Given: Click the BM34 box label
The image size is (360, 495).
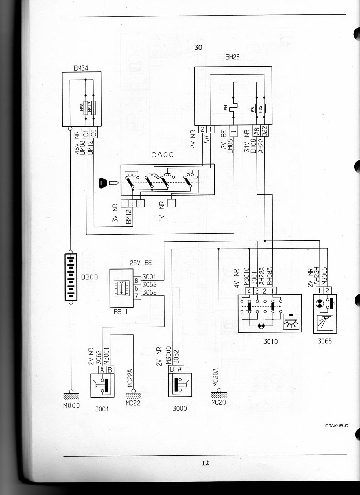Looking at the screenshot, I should pos(81,68).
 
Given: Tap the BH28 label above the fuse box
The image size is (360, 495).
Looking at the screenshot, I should pos(232,57).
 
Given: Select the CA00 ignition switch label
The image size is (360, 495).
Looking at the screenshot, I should pos(162,155).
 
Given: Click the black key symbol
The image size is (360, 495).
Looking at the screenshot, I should pos(105,183).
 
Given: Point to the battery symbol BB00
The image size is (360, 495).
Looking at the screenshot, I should pos(71,277).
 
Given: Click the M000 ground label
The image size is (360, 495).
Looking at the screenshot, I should pos(72,405).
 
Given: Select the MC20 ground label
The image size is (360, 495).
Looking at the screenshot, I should pos(219,402).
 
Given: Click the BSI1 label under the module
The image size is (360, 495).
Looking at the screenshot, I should pos(121,312).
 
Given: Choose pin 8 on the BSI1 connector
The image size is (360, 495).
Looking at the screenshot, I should pos(136,281).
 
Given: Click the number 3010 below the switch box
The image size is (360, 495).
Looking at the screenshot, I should pos(270,341).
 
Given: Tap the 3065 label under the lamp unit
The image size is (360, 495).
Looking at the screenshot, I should pos(325,341).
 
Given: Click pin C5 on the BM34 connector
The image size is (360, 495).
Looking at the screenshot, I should pos(94,132).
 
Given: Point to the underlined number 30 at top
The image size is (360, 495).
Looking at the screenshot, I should pos(198,47).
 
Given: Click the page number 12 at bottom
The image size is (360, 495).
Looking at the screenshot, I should pos(205,463).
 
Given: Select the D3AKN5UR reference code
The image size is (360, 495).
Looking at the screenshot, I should pos(337,426).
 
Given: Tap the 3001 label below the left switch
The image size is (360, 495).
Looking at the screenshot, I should pos(102,409).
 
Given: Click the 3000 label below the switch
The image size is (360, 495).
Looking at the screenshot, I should pos(180,408).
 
